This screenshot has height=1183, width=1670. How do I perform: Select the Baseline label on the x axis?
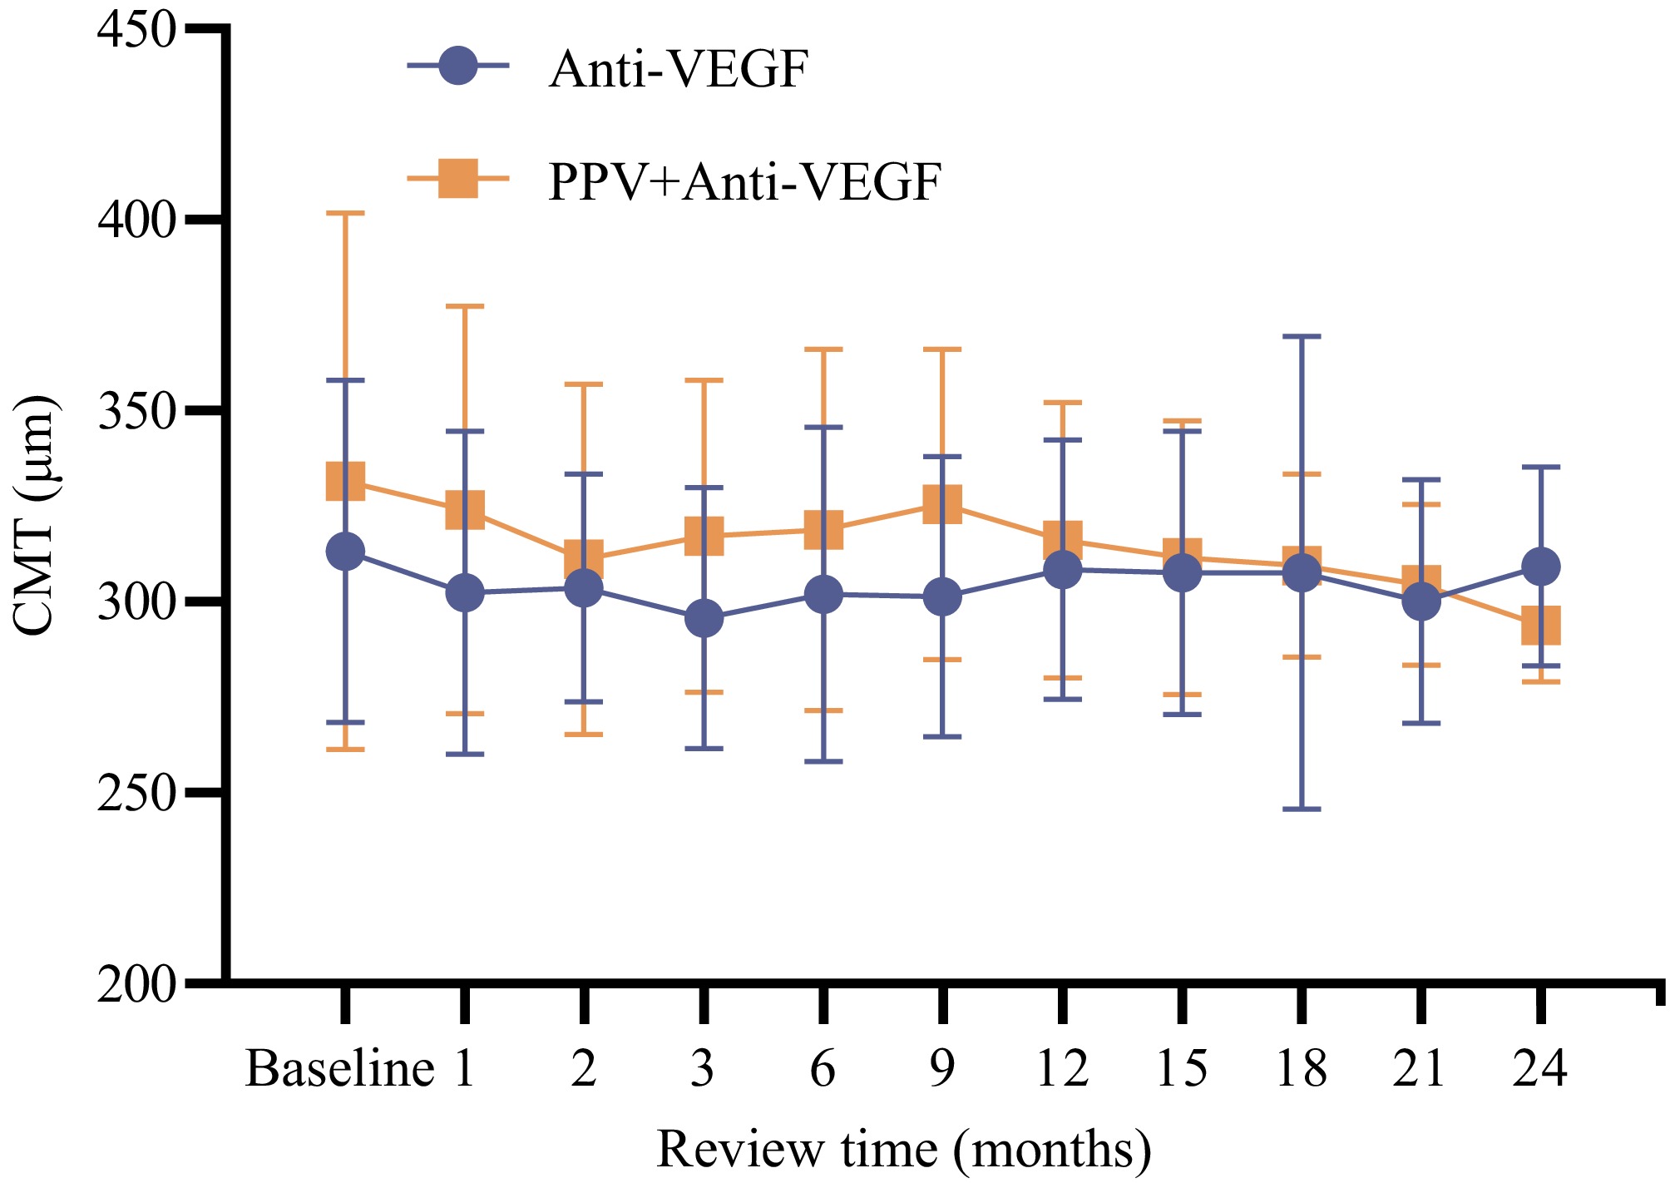click(339, 1068)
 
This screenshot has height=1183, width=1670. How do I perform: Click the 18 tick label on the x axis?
click(1301, 1068)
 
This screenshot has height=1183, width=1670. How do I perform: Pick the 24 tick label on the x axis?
click(1539, 1068)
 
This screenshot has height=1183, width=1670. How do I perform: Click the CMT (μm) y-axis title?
click(35, 516)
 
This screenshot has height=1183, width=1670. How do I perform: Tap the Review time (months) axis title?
click(903, 1150)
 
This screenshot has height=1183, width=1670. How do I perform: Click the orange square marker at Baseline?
click(345, 482)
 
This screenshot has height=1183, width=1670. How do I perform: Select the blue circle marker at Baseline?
click(345, 552)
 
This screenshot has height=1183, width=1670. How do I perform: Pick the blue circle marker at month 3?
click(704, 619)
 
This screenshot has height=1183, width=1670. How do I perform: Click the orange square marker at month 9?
click(942, 503)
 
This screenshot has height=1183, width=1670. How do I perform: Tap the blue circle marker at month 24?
click(1540, 567)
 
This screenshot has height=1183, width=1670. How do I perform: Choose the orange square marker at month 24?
click(1540, 625)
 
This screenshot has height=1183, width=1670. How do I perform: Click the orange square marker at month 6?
click(823, 530)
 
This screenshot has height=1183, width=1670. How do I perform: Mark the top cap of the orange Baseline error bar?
click(345, 214)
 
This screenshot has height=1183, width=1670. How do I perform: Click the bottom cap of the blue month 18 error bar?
click(1302, 809)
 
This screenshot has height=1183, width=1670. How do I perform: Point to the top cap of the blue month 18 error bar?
click(1302, 336)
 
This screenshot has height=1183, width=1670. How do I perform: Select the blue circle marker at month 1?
click(465, 593)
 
